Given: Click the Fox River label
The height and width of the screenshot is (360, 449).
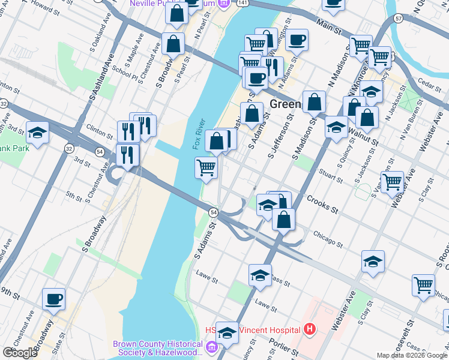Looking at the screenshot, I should [x=199, y=134].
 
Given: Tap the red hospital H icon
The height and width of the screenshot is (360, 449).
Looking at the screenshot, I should [x=309, y=329].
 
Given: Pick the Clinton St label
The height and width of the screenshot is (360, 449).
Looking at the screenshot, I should [x=99, y=128].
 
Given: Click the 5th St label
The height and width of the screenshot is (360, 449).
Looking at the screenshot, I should [x=73, y=196].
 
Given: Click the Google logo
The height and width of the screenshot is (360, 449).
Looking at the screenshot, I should [x=20, y=353].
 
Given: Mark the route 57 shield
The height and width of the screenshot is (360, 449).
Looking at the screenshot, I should [x=399, y=19].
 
